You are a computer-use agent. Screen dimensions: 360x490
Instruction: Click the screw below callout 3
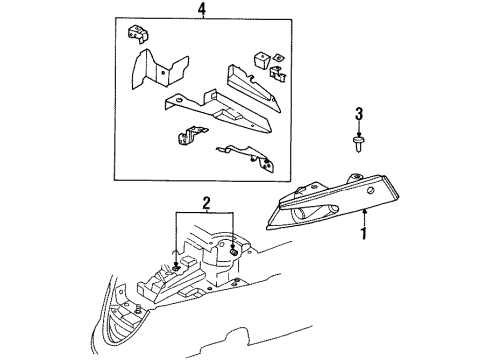[357, 142]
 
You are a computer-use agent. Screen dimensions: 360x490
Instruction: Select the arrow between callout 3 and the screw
[357, 128]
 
